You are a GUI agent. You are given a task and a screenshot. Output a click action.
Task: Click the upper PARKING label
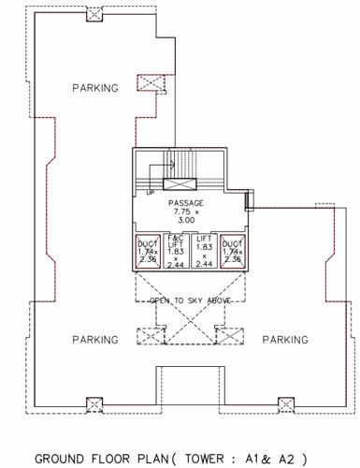(x=95, y=88)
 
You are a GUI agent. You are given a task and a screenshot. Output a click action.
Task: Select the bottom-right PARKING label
(x=285, y=339)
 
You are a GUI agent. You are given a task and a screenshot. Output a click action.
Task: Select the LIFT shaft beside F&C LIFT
(x=203, y=251)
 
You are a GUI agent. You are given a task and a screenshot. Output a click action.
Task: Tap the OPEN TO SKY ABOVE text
(x=189, y=300)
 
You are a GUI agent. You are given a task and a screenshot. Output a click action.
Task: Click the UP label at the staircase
(x=150, y=194)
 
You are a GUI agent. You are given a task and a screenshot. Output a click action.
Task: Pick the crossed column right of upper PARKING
(x=151, y=84)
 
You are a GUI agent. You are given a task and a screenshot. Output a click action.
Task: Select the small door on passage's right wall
(x=249, y=200)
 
